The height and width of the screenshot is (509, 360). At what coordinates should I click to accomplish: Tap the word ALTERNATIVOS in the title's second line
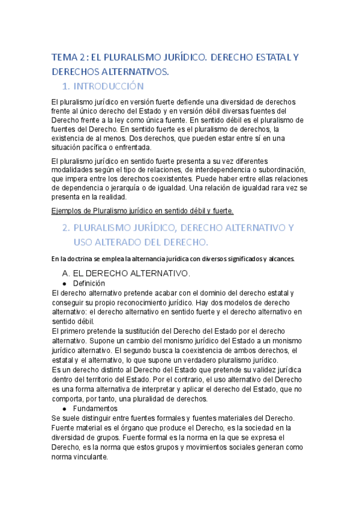pyautogui.click(x=134, y=72)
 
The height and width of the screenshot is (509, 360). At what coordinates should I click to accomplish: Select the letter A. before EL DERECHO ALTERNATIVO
pyautogui.click(x=67, y=274)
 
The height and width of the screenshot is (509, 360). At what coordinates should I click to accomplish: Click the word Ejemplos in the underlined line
pyautogui.click(x=69, y=211)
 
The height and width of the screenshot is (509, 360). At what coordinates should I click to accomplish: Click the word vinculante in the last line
pyautogui.click(x=89, y=456)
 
